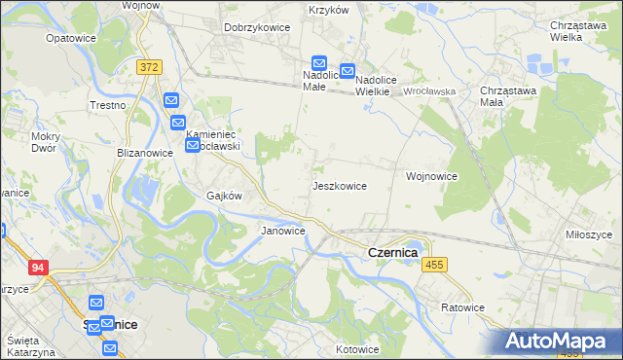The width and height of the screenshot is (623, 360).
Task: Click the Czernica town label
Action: pos(392,252)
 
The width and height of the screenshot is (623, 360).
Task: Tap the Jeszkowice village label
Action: pos(339,185)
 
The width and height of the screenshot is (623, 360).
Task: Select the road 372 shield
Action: pos(149,66)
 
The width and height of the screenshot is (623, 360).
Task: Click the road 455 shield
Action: pos(434,265)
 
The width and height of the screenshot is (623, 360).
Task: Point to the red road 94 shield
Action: pos(38,268)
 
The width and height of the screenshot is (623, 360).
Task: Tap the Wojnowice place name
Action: pos(431,176)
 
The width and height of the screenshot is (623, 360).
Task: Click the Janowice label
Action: pos(283,231)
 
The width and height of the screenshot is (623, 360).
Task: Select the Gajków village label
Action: pos(223,195)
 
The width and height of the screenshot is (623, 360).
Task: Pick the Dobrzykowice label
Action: pos(257,27)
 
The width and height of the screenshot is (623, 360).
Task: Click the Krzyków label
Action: pos(328,10)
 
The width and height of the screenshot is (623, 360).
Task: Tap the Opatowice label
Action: pos(70,39)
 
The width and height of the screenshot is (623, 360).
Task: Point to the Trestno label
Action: pos(108,105)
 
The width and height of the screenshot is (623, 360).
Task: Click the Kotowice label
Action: pos(356,348)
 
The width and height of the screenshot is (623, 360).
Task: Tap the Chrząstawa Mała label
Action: pos(504,97)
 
